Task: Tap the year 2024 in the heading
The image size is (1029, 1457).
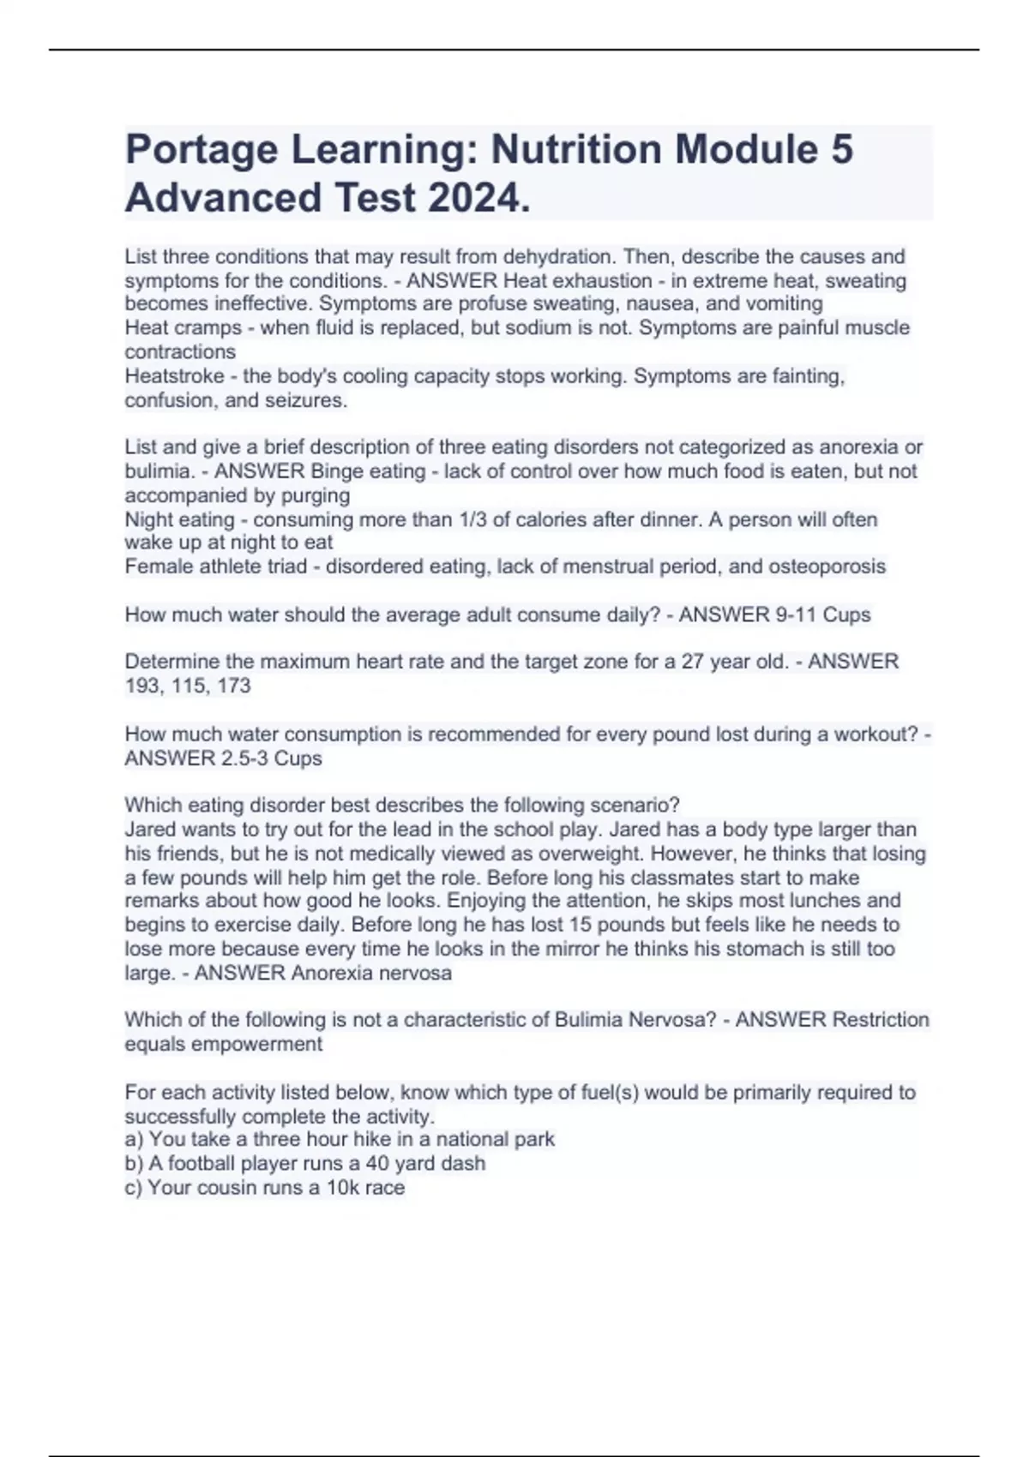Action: click(476, 198)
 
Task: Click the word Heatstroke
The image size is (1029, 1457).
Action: click(176, 376)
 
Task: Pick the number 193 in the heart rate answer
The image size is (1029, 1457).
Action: click(141, 686)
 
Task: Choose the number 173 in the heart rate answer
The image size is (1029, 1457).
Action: click(233, 686)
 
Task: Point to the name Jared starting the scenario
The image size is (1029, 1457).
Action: click(150, 830)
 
